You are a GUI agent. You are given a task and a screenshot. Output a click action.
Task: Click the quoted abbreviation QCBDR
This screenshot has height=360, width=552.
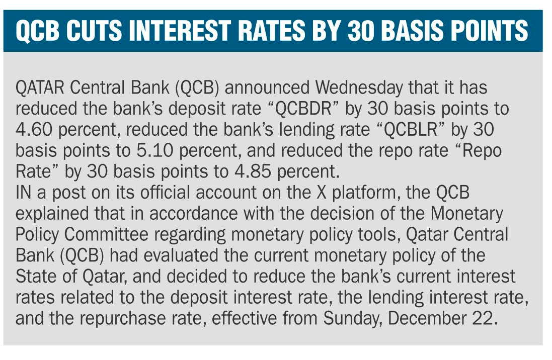coord(303,109)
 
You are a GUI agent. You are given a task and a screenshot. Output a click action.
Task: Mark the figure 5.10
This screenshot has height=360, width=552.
coord(154,151)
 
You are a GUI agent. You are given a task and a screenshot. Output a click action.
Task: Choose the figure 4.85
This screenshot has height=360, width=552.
coord(253,172)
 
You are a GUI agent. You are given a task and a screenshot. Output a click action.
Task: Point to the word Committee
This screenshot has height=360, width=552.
coord(107,235)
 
